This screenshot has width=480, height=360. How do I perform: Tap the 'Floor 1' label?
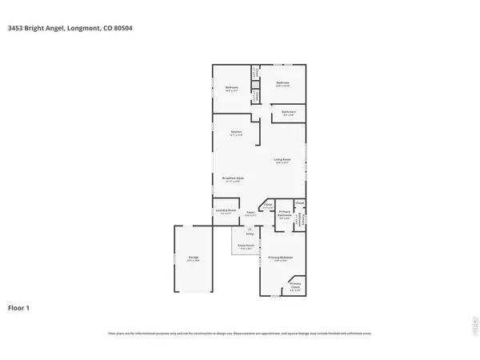pos(19,307)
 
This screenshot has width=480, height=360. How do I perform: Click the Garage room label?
pos(193,259)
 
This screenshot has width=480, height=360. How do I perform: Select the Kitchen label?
pos(236,133)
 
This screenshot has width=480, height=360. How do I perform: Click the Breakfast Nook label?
pos(233,179)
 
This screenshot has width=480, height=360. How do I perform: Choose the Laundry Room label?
pos(225,212)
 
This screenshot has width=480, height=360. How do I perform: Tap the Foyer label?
pos(250,213)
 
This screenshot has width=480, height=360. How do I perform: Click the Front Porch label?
pos(246,247)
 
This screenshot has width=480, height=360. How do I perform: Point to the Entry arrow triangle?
pos(249,227)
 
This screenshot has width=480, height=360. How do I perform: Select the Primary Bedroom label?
pos(280,258)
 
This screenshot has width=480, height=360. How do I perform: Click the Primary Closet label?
pos(295,286)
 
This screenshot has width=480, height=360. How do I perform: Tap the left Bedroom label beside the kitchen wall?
pos(231,89)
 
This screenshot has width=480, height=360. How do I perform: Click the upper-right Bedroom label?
pos(282,83)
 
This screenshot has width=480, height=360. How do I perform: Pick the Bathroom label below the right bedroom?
pos(290,113)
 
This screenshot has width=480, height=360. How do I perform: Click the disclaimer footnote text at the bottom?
pos(240,333)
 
